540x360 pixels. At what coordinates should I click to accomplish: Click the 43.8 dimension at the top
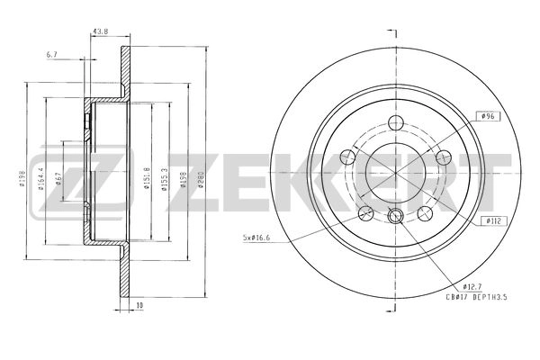[100, 33]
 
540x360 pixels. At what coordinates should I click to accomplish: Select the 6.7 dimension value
[53, 55]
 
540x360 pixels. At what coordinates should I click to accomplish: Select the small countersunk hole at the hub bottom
[396, 214]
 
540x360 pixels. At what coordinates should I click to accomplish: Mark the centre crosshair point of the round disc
[396, 171]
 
